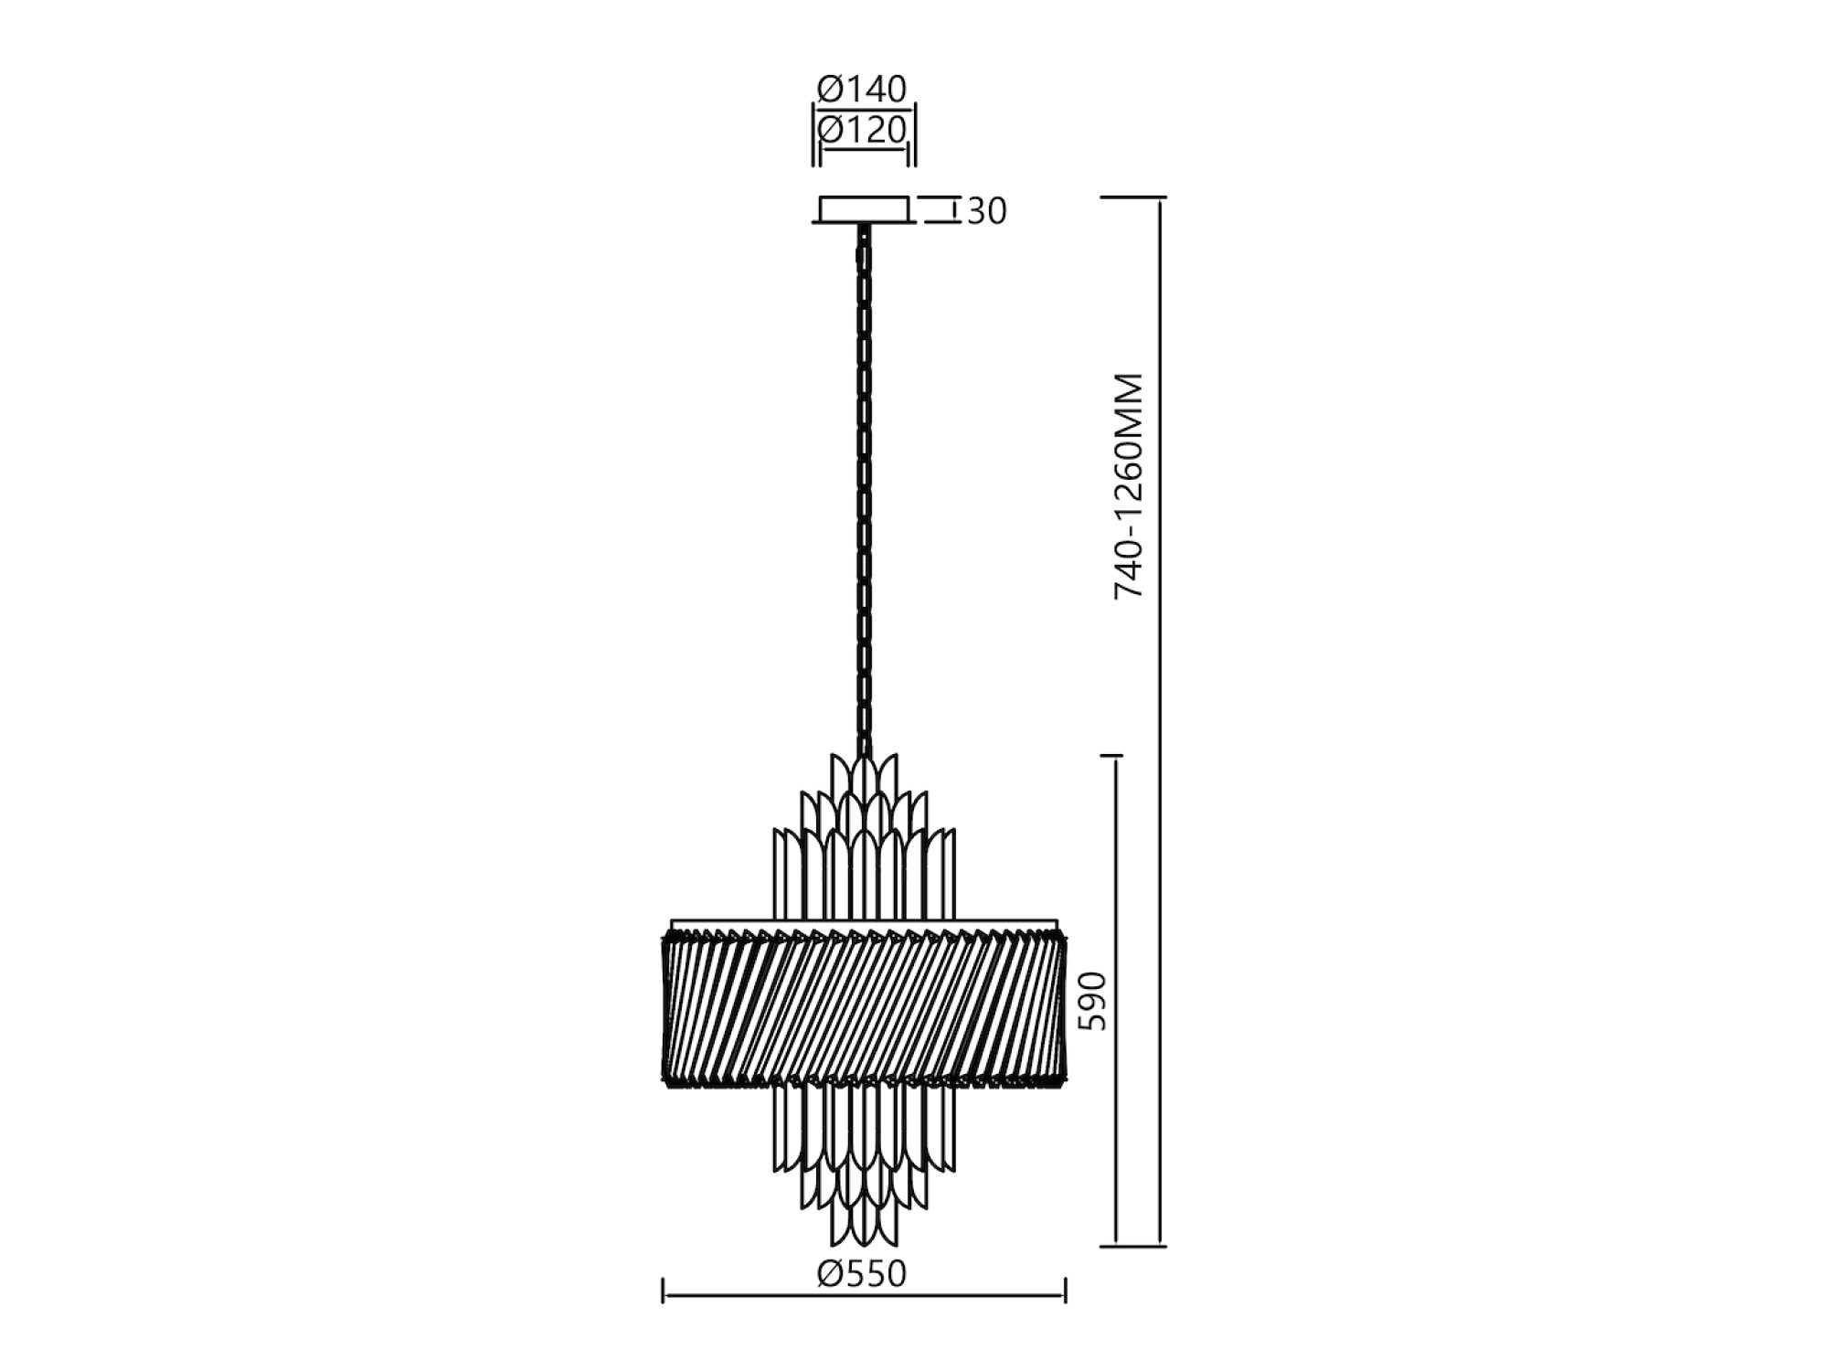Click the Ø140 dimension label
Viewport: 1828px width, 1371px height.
pos(862,89)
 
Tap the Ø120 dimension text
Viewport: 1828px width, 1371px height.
pos(862,130)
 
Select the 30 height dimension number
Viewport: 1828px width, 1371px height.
pos(986,211)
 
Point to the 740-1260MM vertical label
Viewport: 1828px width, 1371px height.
pos(1130,485)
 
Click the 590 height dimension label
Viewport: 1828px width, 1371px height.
pos(1092,1001)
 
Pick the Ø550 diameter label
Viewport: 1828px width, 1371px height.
pos(862,1273)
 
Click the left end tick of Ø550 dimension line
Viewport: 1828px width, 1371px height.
pos(663,1291)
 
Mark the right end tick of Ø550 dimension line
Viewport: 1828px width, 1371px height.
pos(1066,1291)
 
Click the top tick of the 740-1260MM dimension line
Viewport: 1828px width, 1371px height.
pos(1133,197)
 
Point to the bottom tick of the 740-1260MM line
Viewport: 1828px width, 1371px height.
pos(1133,1246)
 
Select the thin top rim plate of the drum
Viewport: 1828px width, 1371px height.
pos(864,924)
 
